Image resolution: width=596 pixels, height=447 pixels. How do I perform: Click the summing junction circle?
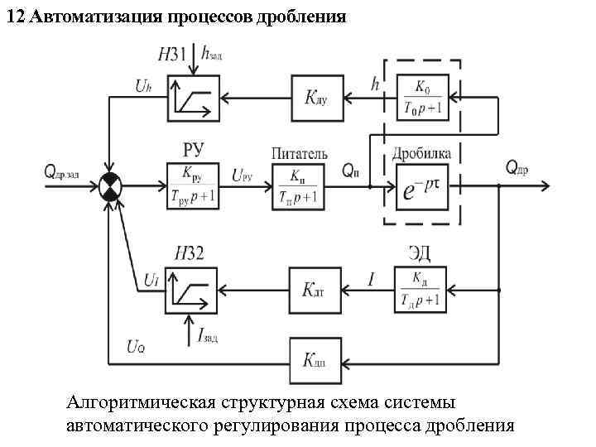coord(109,188)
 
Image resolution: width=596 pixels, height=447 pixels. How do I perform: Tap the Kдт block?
coord(315,290)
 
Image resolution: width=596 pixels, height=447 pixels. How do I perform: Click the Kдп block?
coord(315,361)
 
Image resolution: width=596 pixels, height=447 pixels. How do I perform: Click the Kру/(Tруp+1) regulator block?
coord(192,188)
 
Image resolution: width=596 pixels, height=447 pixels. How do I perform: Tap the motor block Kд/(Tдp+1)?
coord(420,290)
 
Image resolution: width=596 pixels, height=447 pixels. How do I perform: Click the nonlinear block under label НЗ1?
coord(192,96)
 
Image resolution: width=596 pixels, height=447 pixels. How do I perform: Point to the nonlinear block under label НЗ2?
coord(191,289)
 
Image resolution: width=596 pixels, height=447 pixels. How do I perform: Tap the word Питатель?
coord(299,154)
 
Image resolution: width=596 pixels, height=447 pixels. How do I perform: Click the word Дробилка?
coord(423,153)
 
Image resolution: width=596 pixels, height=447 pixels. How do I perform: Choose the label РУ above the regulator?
coord(192,150)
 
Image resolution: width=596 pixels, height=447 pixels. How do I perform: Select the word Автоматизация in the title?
coord(91,17)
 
